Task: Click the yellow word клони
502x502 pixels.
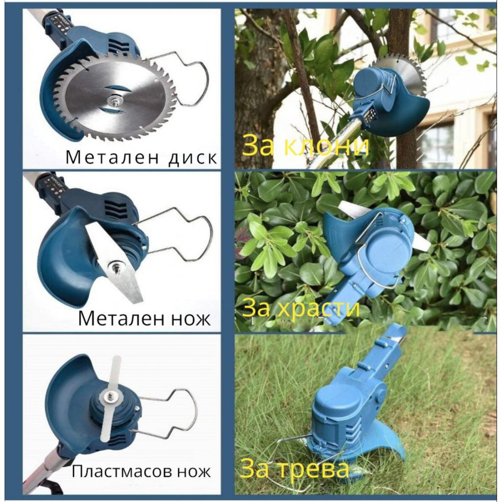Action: click(x=326, y=146)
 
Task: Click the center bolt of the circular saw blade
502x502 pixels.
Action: click(x=112, y=100)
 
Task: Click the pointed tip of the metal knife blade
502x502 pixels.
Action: click(x=140, y=301)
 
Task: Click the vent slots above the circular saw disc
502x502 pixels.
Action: click(x=116, y=45)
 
